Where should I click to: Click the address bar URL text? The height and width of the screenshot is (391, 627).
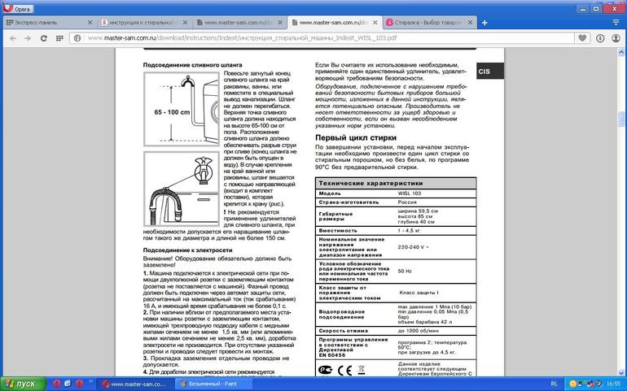[244, 37]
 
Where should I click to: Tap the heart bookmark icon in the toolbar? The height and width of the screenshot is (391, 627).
[584, 37]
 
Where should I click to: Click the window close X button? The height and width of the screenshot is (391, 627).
[618, 7]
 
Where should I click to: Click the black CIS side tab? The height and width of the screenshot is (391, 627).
[485, 72]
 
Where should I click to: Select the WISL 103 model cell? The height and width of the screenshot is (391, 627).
[410, 193]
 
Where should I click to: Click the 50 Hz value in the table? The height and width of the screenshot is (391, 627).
[405, 270]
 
